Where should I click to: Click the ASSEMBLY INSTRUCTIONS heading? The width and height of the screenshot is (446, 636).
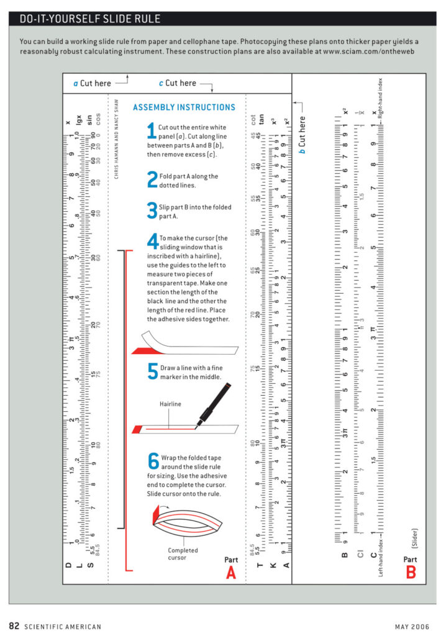click(x=184, y=107)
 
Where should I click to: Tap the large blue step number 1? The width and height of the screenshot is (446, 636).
click(x=152, y=131)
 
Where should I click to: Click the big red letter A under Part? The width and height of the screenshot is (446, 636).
click(x=231, y=573)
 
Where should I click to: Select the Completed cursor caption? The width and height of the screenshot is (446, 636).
click(x=183, y=553)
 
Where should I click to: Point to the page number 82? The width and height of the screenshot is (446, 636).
click(x=14, y=625)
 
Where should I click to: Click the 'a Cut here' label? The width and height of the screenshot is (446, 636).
click(x=93, y=83)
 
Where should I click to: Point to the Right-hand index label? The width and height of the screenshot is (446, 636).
click(x=380, y=99)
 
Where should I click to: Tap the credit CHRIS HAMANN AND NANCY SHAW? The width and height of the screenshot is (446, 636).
click(x=116, y=138)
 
